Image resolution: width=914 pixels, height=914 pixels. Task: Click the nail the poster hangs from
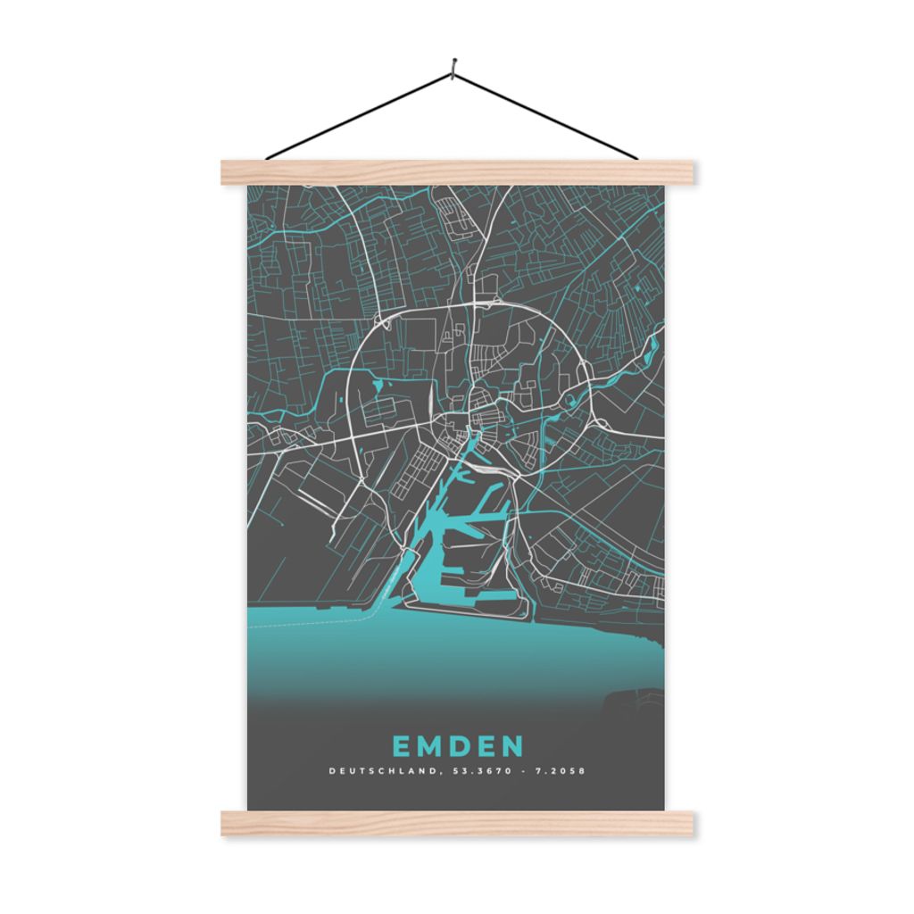(x=453, y=65)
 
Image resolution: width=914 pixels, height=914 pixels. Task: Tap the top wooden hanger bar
(x=457, y=172)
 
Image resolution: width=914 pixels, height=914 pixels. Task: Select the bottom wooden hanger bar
(x=457, y=823)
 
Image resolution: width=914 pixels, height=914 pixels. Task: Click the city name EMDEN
(x=458, y=745)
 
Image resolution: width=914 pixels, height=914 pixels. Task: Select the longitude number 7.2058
(x=559, y=770)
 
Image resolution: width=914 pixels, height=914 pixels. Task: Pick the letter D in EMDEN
(x=459, y=745)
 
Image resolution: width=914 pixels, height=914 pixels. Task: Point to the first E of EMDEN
(x=401, y=745)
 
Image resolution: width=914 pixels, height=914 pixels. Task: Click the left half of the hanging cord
(x=357, y=117)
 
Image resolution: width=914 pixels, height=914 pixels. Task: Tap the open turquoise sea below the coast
(x=446, y=652)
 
